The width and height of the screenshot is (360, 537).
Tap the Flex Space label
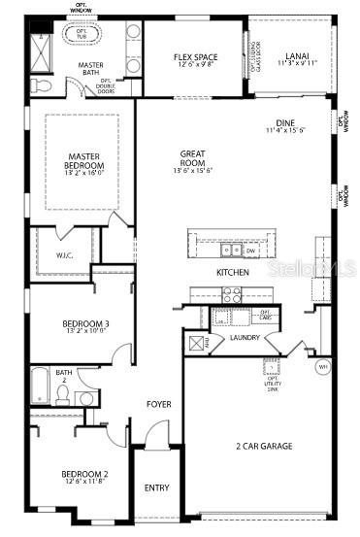pyautogui.click(x=195, y=61)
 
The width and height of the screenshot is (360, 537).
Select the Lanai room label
pyautogui.click(x=297, y=60)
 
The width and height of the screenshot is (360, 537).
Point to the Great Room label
pyautogui.click(x=195, y=159)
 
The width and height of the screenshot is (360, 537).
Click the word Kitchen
pyautogui.click(x=233, y=272)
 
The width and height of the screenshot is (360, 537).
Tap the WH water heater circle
pyautogui.click(x=322, y=366)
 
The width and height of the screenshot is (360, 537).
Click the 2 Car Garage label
pyautogui.click(x=264, y=446)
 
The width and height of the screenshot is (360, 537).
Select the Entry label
pyautogui.click(x=155, y=487)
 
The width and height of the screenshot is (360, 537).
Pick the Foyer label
pyautogui.click(x=159, y=403)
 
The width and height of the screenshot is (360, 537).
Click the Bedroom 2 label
pyautogui.click(x=85, y=477)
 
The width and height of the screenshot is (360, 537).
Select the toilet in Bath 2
pyautogui.click(x=61, y=394)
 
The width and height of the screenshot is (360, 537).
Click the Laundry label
pyautogui.click(x=245, y=338)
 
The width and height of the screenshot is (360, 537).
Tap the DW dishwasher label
pyautogui.click(x=249, y=250)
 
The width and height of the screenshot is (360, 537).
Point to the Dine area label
pyautogui.click(x=284, y=125)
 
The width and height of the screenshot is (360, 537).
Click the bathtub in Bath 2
pyautogui.click(x=40, y=385)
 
